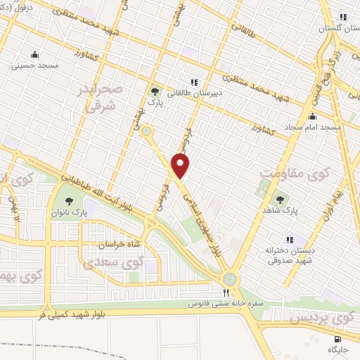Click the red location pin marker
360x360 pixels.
181,166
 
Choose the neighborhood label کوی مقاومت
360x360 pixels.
290,172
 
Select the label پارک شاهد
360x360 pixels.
286,210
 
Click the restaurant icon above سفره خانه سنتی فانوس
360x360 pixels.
226,292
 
